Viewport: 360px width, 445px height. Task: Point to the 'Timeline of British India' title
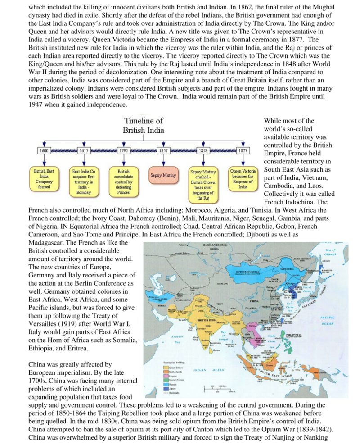point(144,125)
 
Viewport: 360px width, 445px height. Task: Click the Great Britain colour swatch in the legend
point(166,367)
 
